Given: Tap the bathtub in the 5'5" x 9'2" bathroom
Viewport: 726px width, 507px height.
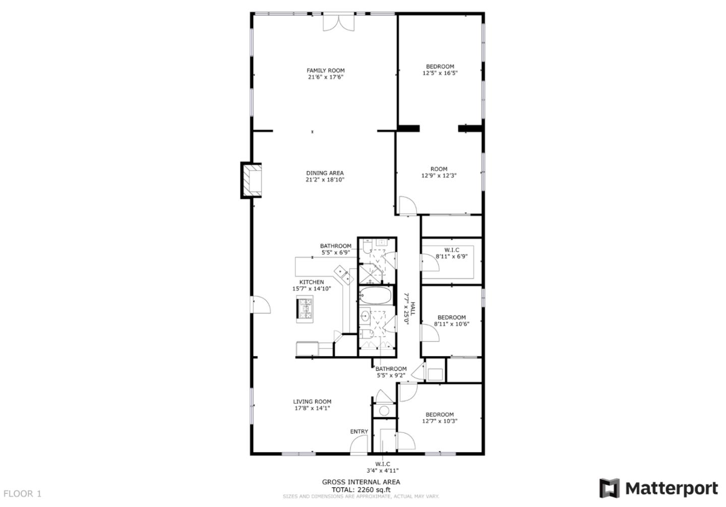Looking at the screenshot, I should [375, 296].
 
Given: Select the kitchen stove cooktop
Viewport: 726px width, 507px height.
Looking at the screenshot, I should [305, 309].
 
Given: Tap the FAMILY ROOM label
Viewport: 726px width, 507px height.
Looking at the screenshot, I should [326, 71].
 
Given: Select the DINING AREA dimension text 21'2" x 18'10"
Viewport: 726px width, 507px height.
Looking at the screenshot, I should [325, 179].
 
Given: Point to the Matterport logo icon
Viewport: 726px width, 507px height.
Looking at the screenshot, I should [609, 488].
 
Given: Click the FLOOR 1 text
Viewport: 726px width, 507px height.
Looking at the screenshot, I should [22, 494].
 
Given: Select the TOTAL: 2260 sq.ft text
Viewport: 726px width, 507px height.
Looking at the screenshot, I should [361, 489].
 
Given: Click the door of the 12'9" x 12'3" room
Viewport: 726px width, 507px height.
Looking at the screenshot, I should [407, 206].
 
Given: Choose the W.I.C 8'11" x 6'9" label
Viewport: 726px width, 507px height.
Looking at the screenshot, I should [452, 253].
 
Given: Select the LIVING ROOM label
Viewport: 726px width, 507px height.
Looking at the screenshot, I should [312, 402].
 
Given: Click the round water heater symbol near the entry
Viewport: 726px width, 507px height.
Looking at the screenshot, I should [384, 411].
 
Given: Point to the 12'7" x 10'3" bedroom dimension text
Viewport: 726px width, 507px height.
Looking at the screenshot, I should [440, 421].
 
